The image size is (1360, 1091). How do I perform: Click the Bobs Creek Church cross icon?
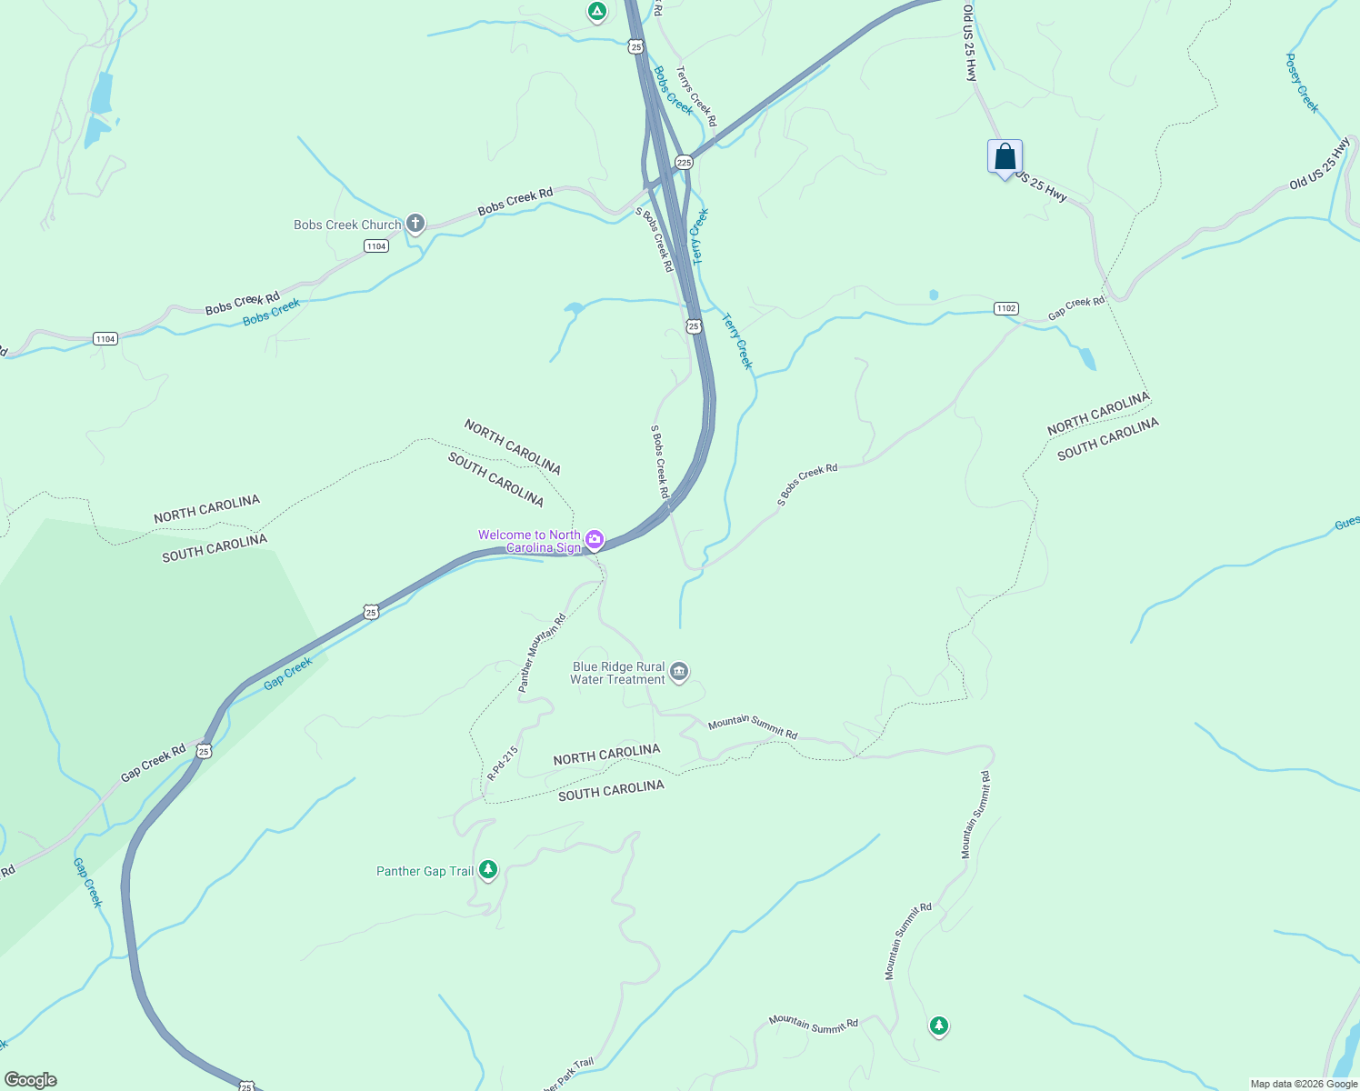click(415, 224)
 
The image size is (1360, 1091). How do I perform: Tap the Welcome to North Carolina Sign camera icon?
click(595, 540)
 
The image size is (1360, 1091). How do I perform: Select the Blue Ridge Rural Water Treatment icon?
click(679, 673)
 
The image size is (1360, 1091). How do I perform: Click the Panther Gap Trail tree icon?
click(488, 870)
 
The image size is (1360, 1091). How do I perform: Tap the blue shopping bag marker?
click(1005, 157)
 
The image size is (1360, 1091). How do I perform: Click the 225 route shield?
click(684, 163)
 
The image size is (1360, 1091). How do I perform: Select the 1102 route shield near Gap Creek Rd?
click(1005, 308)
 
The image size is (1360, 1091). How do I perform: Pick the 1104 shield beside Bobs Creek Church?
click(376, 246)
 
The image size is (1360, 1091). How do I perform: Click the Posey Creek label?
click(1301, 83)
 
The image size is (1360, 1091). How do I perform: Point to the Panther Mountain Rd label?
click(542, 653)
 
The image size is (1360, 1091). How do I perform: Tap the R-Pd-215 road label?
click(502, 764)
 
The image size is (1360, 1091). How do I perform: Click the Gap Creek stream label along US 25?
click(287, 674)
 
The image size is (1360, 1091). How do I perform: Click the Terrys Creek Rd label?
click(696, 95)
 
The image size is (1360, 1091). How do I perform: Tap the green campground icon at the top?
click(596, 11)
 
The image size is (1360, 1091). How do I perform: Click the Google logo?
click(30, 1080)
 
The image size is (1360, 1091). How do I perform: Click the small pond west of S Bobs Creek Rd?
click(573, 308)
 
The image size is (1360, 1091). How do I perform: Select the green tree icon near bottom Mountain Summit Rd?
click(938, 1026)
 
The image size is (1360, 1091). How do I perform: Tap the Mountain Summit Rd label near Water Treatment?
click(752, 727)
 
